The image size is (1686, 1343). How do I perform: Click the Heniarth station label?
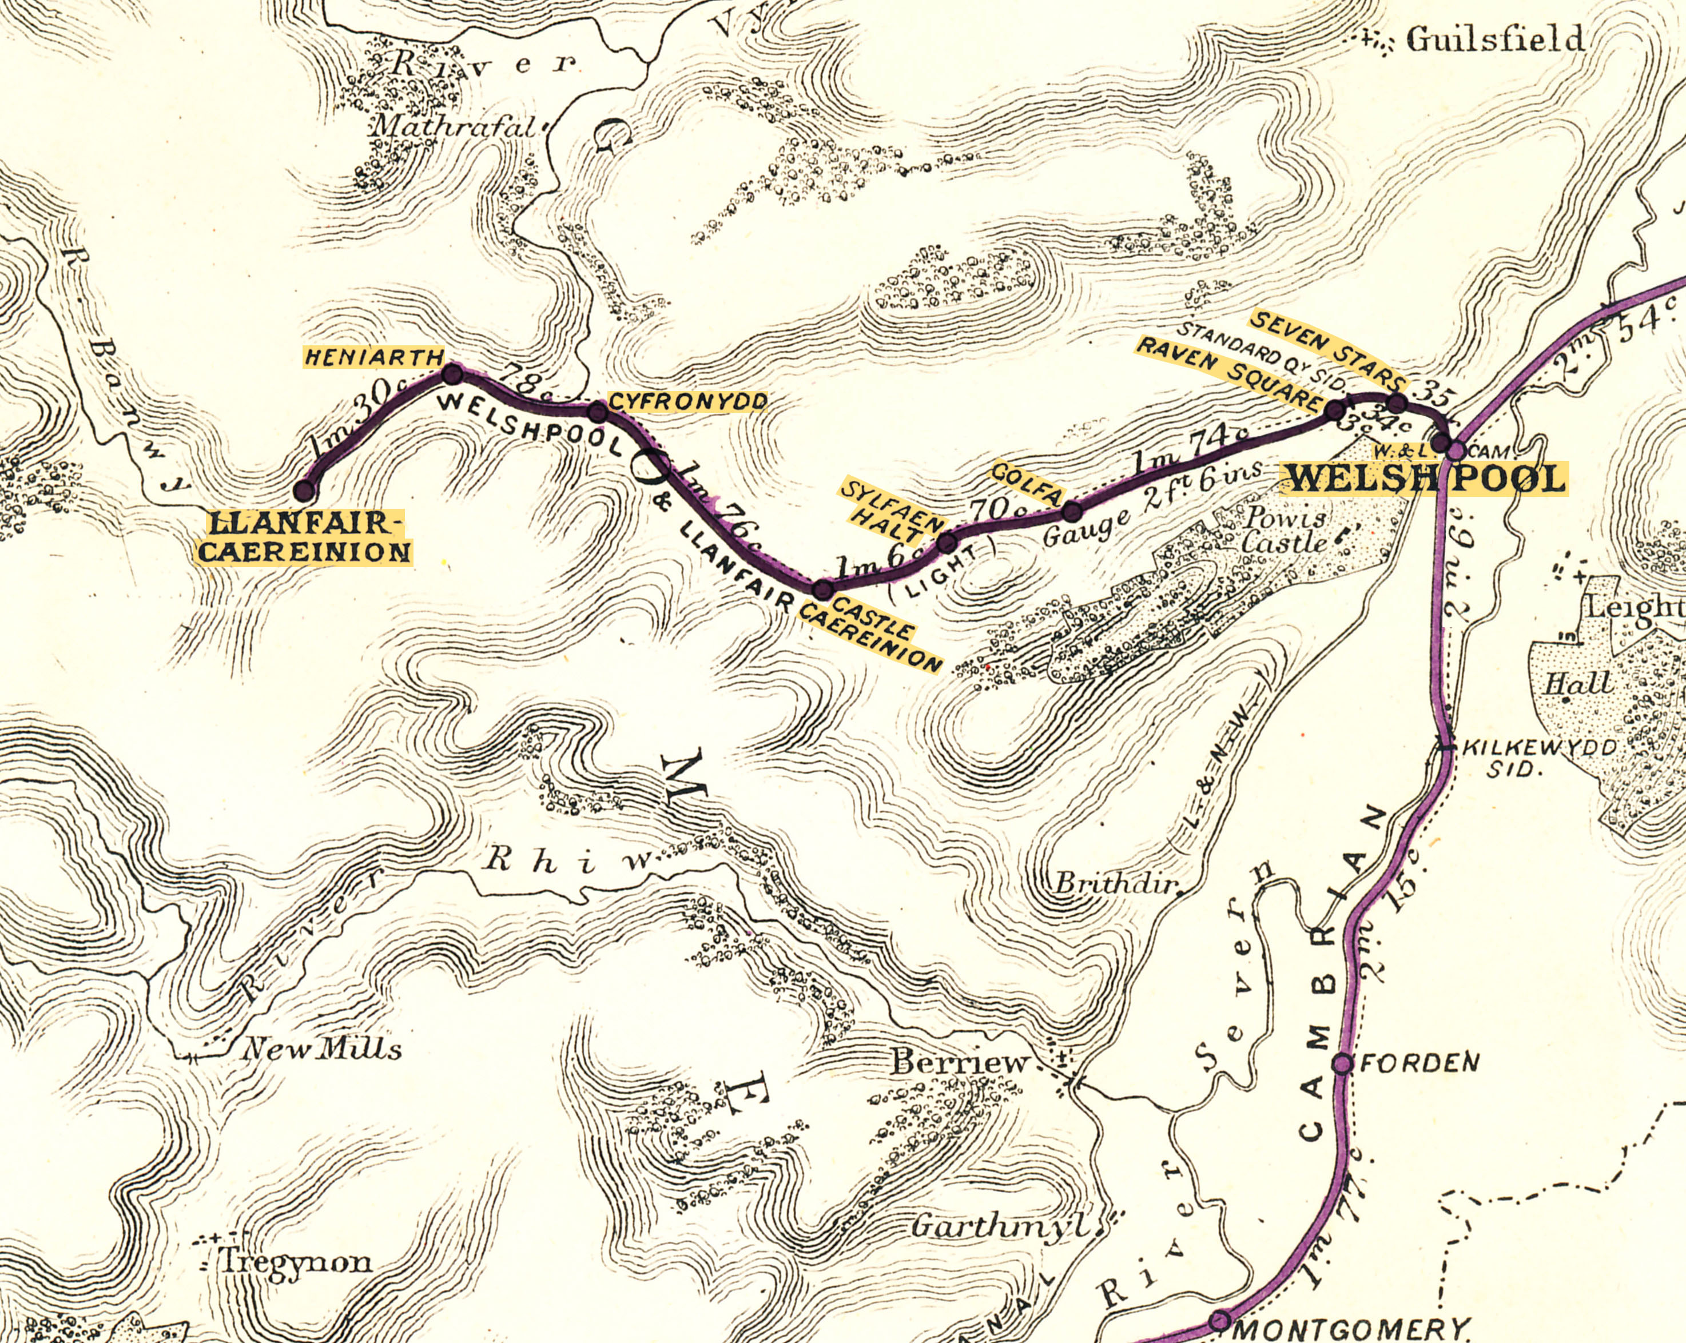pos(374,358)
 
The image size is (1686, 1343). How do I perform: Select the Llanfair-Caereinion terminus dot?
pos(304,491)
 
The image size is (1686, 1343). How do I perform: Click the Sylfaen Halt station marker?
pos(946,542)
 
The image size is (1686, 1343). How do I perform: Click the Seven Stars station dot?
pos(1397,404)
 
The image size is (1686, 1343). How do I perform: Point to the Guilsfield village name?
pos(1495,39)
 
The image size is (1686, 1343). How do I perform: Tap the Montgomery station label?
pos(1350,1328)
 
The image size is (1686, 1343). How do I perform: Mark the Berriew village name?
pos(960,1062)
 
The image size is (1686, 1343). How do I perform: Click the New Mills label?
pos(322,1049)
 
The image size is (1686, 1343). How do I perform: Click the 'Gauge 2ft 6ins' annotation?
pos(1154,504)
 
